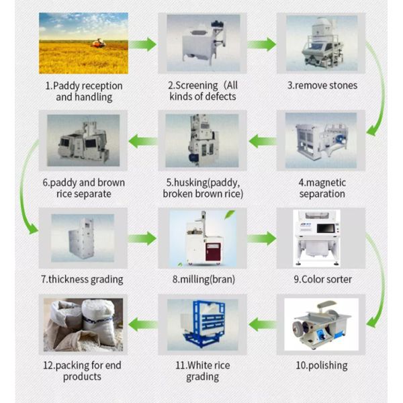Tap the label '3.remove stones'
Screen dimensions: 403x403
[322, 85]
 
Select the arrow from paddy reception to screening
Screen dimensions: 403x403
[142, 44]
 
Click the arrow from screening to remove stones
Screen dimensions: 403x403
[261, 44]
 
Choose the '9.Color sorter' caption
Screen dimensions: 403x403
[322, 279]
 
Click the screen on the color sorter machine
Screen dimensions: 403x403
[328, 229]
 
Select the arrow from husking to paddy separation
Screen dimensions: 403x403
[142, 141]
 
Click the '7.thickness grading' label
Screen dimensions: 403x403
[82, 279]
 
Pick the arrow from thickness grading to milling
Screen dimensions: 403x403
[142, 238]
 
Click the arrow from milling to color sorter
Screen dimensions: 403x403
[261, 238]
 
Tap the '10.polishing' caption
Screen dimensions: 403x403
[322, 365]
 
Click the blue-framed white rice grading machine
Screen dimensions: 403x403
[202, 324]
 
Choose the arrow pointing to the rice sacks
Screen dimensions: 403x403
[142, 325]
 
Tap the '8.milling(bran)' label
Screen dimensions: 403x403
[202, 279]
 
